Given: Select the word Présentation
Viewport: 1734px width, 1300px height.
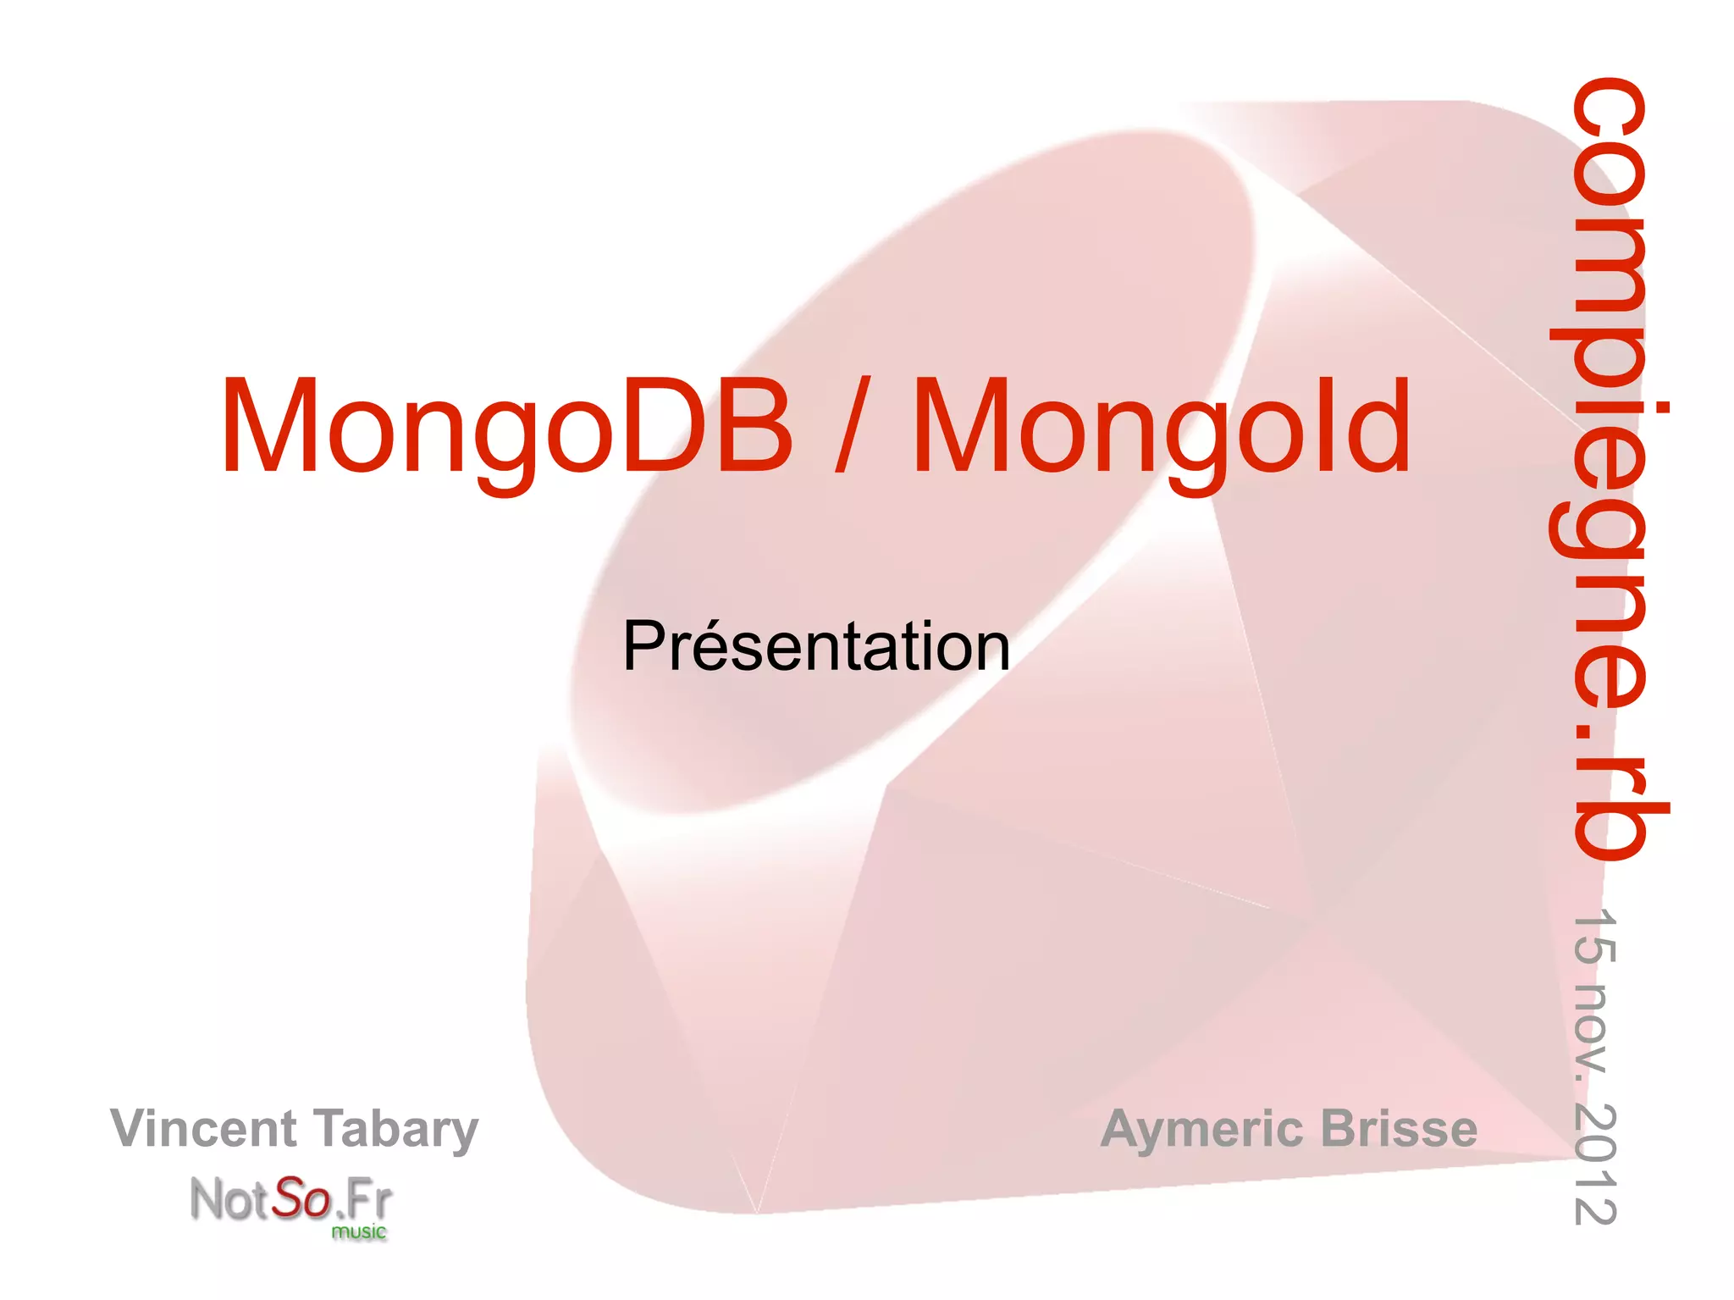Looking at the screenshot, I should (816, 646).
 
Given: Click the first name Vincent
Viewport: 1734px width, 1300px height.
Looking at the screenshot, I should (203, 1128).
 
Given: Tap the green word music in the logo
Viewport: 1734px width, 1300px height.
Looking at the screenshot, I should (358, 1231).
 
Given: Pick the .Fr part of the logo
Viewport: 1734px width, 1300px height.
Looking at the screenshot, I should (364, 1199).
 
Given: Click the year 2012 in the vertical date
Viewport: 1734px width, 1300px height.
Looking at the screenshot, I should (1595, 1164).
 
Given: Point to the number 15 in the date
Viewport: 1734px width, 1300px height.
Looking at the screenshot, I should (1595, 936).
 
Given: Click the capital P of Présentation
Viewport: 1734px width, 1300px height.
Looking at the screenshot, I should (643, 646).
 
